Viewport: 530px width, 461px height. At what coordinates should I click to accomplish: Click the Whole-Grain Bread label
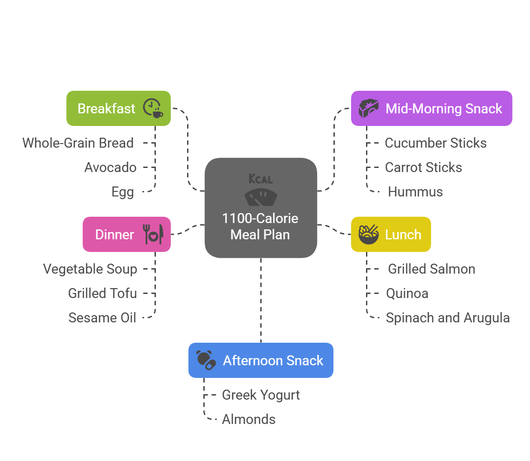point(78,143)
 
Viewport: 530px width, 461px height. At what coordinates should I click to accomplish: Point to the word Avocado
point(110,168)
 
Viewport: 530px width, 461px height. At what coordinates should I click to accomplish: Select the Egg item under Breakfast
point(123,192)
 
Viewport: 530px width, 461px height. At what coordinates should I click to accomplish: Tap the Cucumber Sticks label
point(436,143)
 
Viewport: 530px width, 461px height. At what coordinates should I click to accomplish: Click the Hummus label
point(415,192)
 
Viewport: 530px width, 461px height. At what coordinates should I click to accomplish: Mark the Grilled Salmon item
point(432,269)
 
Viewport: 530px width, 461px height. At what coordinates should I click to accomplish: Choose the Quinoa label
point(407,293)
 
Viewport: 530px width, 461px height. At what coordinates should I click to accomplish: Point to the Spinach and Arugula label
point(448,318)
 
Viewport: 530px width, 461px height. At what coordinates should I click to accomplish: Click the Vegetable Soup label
point(90,269)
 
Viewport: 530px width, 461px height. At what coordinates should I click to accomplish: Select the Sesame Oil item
point(102,318)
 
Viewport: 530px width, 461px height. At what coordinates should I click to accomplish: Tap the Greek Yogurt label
point(261,395)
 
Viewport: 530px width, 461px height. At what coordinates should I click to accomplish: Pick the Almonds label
point(249,419)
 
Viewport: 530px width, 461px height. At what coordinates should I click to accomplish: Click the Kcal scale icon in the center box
point(261,190)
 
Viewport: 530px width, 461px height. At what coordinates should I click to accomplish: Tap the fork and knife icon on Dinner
point(153,234)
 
